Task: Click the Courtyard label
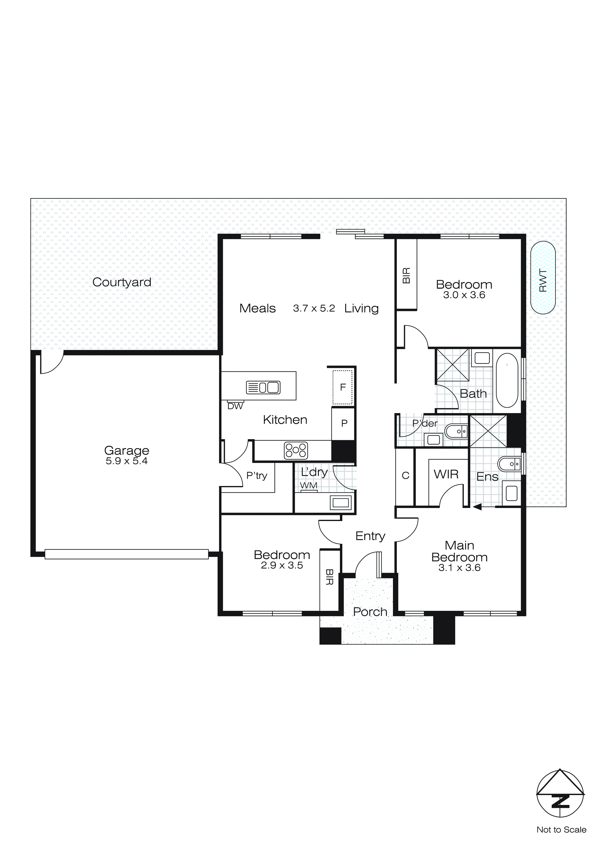[122, 282]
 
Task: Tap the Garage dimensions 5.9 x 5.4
[126, 461]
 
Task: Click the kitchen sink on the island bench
[263, 387]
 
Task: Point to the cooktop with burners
[296, 451]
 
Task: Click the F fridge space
[343, 387]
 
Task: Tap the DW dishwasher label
[235, 406]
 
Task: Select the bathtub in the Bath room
[507, 380]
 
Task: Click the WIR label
[446, 474]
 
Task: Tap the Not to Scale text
[561, 830]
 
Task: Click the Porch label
[370, 612]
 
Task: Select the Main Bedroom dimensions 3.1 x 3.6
[459, 568]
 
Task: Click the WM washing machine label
[308, 486]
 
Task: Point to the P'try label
[257, 476]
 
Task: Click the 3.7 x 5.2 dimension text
[314, 308]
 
